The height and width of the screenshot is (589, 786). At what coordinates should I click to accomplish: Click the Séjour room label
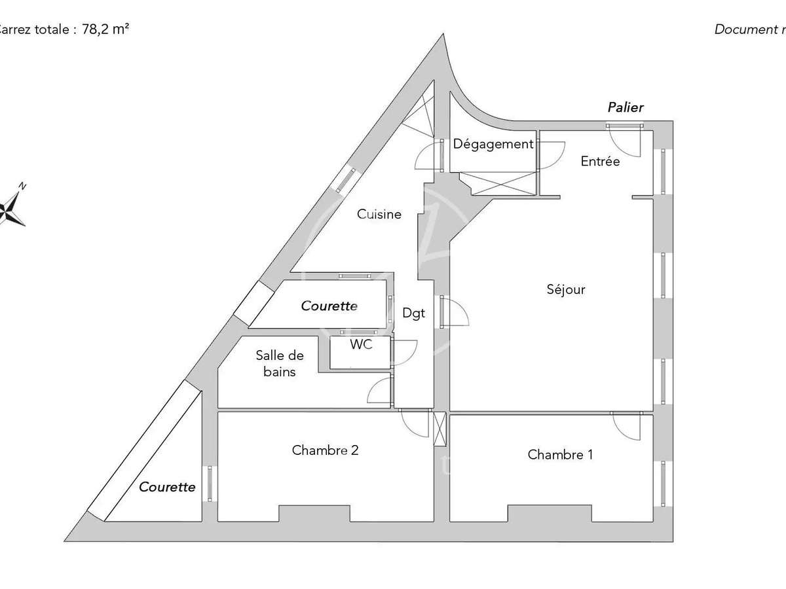coord(566,289)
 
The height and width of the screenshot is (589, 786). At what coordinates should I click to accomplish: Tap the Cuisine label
coord(379,214)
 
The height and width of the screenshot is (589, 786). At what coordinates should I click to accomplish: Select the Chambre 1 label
coord(560,454)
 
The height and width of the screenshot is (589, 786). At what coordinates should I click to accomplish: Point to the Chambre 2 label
coord(325,450)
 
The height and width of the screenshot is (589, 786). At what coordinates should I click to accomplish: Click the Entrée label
coord(600,161)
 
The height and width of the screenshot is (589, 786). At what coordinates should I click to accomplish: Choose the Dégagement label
coord(493,145)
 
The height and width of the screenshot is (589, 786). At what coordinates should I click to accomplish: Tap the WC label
coord(361,345)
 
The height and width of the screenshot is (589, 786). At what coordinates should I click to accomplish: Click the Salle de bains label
coord(280,364)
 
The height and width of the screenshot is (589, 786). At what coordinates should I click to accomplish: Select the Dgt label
coord(413,313)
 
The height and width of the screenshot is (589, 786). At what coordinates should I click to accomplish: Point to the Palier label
coord(626,107)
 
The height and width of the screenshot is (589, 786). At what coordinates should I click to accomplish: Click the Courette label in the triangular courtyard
coord(167,487)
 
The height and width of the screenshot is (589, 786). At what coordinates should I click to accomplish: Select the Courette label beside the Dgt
coord(329,306)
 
